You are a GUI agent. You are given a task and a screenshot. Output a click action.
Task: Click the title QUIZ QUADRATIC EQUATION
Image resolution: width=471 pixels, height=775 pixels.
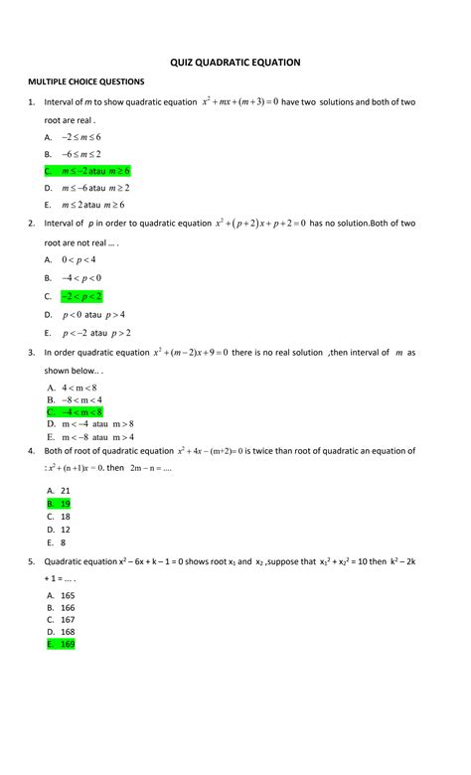(x=235, y=63)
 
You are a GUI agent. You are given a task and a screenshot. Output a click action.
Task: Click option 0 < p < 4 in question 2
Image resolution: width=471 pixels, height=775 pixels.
(x=78, y=259)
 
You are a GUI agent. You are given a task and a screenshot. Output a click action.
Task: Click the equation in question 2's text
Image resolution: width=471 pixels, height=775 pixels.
(x=260, y=224)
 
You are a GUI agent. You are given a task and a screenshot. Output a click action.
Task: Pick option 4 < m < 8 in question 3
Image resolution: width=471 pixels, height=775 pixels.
(x=78, y=387)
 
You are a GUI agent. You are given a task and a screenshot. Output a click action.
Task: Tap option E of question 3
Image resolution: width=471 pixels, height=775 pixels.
(x=90, y=436)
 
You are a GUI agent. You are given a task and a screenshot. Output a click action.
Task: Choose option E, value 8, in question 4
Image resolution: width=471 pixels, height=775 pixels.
(x=63, y=542)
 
